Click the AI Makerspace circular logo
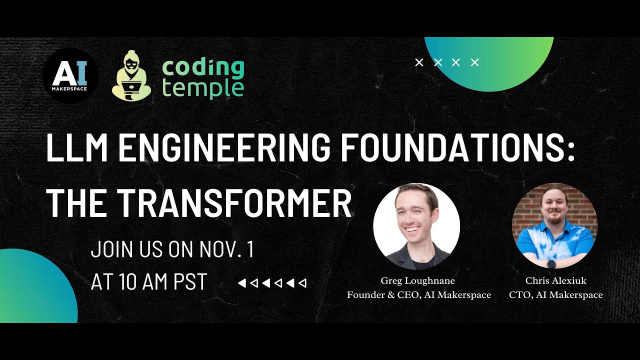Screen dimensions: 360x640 point(70,76)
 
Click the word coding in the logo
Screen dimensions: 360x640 point(203,67)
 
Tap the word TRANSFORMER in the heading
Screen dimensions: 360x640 point(234,203)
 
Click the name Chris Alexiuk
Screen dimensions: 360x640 point(555,280)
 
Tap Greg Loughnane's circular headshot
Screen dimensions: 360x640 point(416,226)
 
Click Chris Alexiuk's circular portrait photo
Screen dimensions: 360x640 point(555,226)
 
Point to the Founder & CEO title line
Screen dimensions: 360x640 point(418,295)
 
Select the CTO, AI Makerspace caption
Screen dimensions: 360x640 point(555,295)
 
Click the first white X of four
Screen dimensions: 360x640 point(419,62)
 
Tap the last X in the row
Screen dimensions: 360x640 point(475,62)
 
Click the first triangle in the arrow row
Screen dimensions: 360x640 point(241,283)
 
